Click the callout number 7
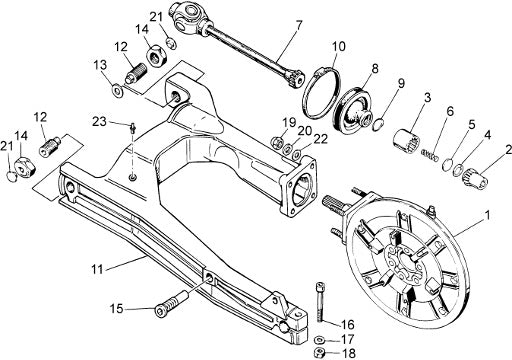tap(298, 26)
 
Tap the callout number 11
tap(97, 269)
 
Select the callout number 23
tap(99, 121)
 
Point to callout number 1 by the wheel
tap(487, 215)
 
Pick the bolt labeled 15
tap(170, 303)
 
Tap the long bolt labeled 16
tap(320, 302)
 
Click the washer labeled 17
tap(319, 340)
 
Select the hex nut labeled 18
tap(320, 352)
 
